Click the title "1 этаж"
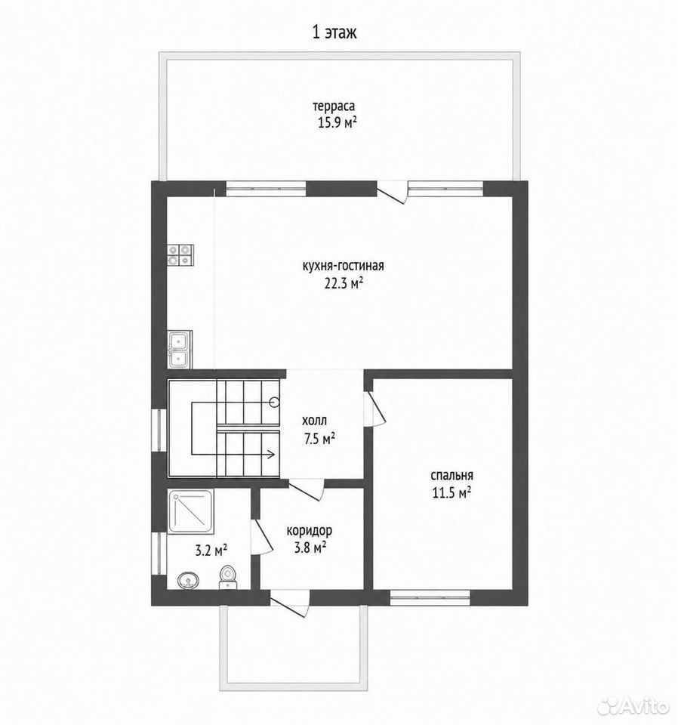tap(334, 32)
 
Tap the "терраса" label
tap(334, 106)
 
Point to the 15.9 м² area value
tap(337, 123)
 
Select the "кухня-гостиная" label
tap(343, 267)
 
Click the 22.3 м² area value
tap(343, 283)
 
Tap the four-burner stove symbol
tap(180, 255)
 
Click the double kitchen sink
tap(180, 350)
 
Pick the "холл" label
tap(314, 421)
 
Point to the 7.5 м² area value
tap(319, 438)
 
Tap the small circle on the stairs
tap(275, 403)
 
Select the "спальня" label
tap(451, 476)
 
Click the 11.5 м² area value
tap(451, 493)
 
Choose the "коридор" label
tap(310, 531)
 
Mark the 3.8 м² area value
tap(310, 548)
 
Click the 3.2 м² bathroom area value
tap(211, 551)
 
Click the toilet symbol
tap(227, 578)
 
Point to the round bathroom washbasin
tap(188, 580)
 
